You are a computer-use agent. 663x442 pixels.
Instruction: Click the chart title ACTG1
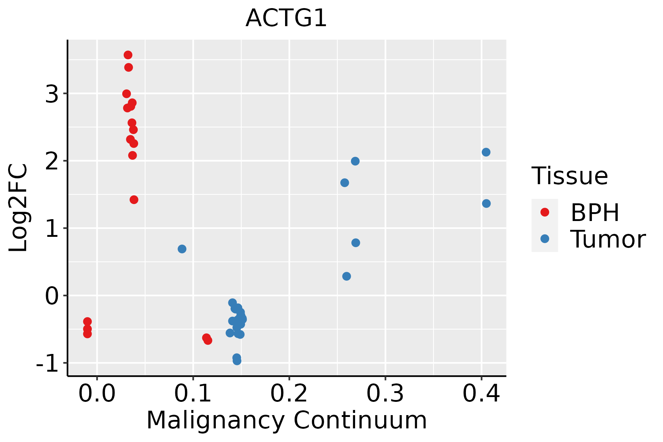(286, 18)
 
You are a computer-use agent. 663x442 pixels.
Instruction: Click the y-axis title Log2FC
(18, 208)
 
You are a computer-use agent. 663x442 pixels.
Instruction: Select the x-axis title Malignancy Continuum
(286, 420)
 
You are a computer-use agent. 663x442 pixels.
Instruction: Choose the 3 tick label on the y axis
(52, 94)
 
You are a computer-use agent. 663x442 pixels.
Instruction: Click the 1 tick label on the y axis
(52, 229)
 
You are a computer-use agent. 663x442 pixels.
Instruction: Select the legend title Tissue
(569, 176)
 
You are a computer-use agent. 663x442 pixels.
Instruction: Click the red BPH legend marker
(544, 212)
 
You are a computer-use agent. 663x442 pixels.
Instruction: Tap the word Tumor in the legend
(608, 239)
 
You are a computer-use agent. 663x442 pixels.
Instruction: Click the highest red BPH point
(128, 55)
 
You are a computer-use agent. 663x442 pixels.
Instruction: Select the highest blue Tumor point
(486, 152)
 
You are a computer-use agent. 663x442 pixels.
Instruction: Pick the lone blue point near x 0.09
(182, 249)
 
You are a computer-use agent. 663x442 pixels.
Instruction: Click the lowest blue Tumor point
(237, 361)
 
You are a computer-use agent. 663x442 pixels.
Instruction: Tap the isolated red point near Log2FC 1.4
(134, 200)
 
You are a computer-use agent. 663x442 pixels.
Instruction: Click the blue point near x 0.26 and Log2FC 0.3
(346, 276)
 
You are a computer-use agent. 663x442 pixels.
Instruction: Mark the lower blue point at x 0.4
(486, 204)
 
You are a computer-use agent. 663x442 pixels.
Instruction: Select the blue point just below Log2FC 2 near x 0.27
(355, 161)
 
